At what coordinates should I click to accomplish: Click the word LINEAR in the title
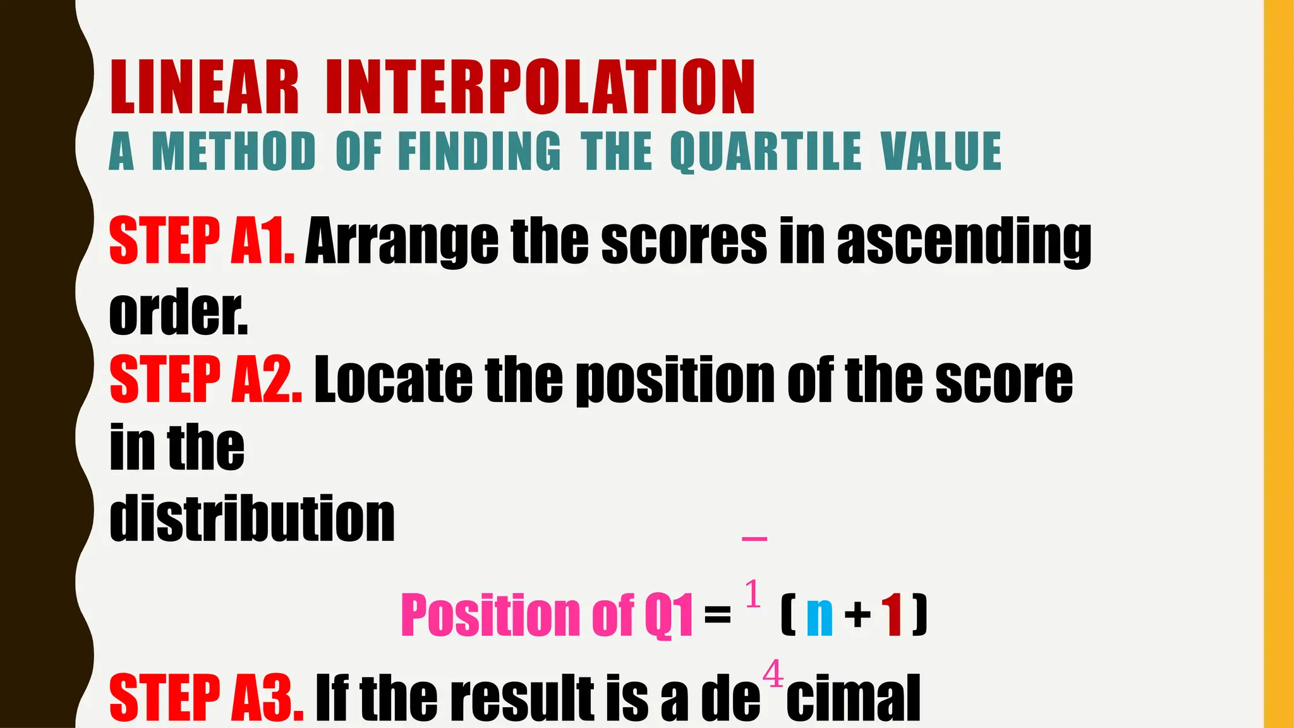203,87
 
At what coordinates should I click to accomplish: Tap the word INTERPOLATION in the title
540,87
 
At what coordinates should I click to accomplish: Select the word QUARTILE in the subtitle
765,152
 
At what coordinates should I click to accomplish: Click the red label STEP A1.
202,241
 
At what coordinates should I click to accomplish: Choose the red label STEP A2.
205,379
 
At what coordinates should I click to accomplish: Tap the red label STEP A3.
206,698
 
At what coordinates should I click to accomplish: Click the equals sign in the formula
717,614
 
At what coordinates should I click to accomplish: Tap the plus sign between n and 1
858,615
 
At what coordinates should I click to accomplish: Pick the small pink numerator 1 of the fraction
753,594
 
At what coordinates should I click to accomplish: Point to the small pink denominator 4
773,674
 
